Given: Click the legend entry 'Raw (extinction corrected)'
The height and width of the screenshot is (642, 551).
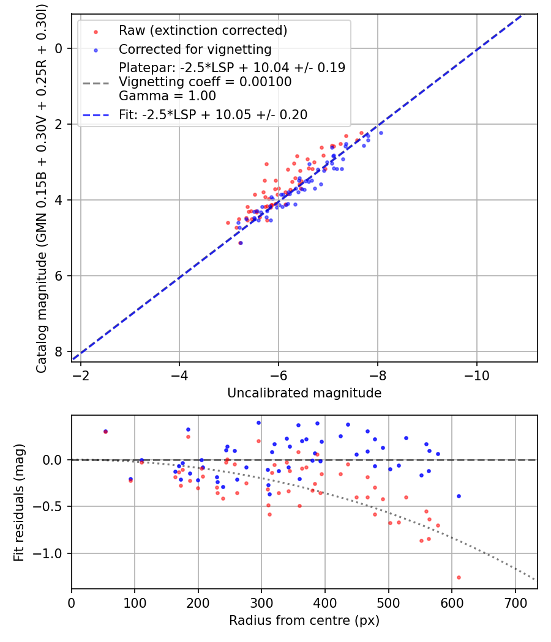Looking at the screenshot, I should [x=203, y=31].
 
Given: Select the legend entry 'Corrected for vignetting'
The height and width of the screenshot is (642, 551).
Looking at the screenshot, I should [x=195, y=49].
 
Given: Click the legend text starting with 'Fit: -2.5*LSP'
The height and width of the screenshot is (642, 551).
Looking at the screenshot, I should [x=213, y=114].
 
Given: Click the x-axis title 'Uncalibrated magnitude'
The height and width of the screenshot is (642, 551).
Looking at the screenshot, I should [x=304, y=393].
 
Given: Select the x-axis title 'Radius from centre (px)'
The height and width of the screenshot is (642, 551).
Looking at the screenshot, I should [x=304, y=621].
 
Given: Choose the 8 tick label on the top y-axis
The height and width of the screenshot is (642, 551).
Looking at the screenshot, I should [x=59, y=352].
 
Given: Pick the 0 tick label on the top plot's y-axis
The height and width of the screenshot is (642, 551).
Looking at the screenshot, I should [x=59, y=48].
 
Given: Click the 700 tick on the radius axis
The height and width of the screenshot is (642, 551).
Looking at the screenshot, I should [x=515, y=602].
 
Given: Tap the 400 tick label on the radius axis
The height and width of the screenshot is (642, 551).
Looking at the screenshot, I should [x=325, y=602].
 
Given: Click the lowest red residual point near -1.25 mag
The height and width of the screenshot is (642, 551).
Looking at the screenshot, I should [x=459, y=577].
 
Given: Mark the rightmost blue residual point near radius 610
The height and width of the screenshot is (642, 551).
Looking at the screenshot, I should [x=459, y=496].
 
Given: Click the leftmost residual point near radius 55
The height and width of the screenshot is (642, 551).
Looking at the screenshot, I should [x=105, y=432].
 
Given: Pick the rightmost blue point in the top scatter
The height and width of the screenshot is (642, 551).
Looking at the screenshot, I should [x=381, y=133].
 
